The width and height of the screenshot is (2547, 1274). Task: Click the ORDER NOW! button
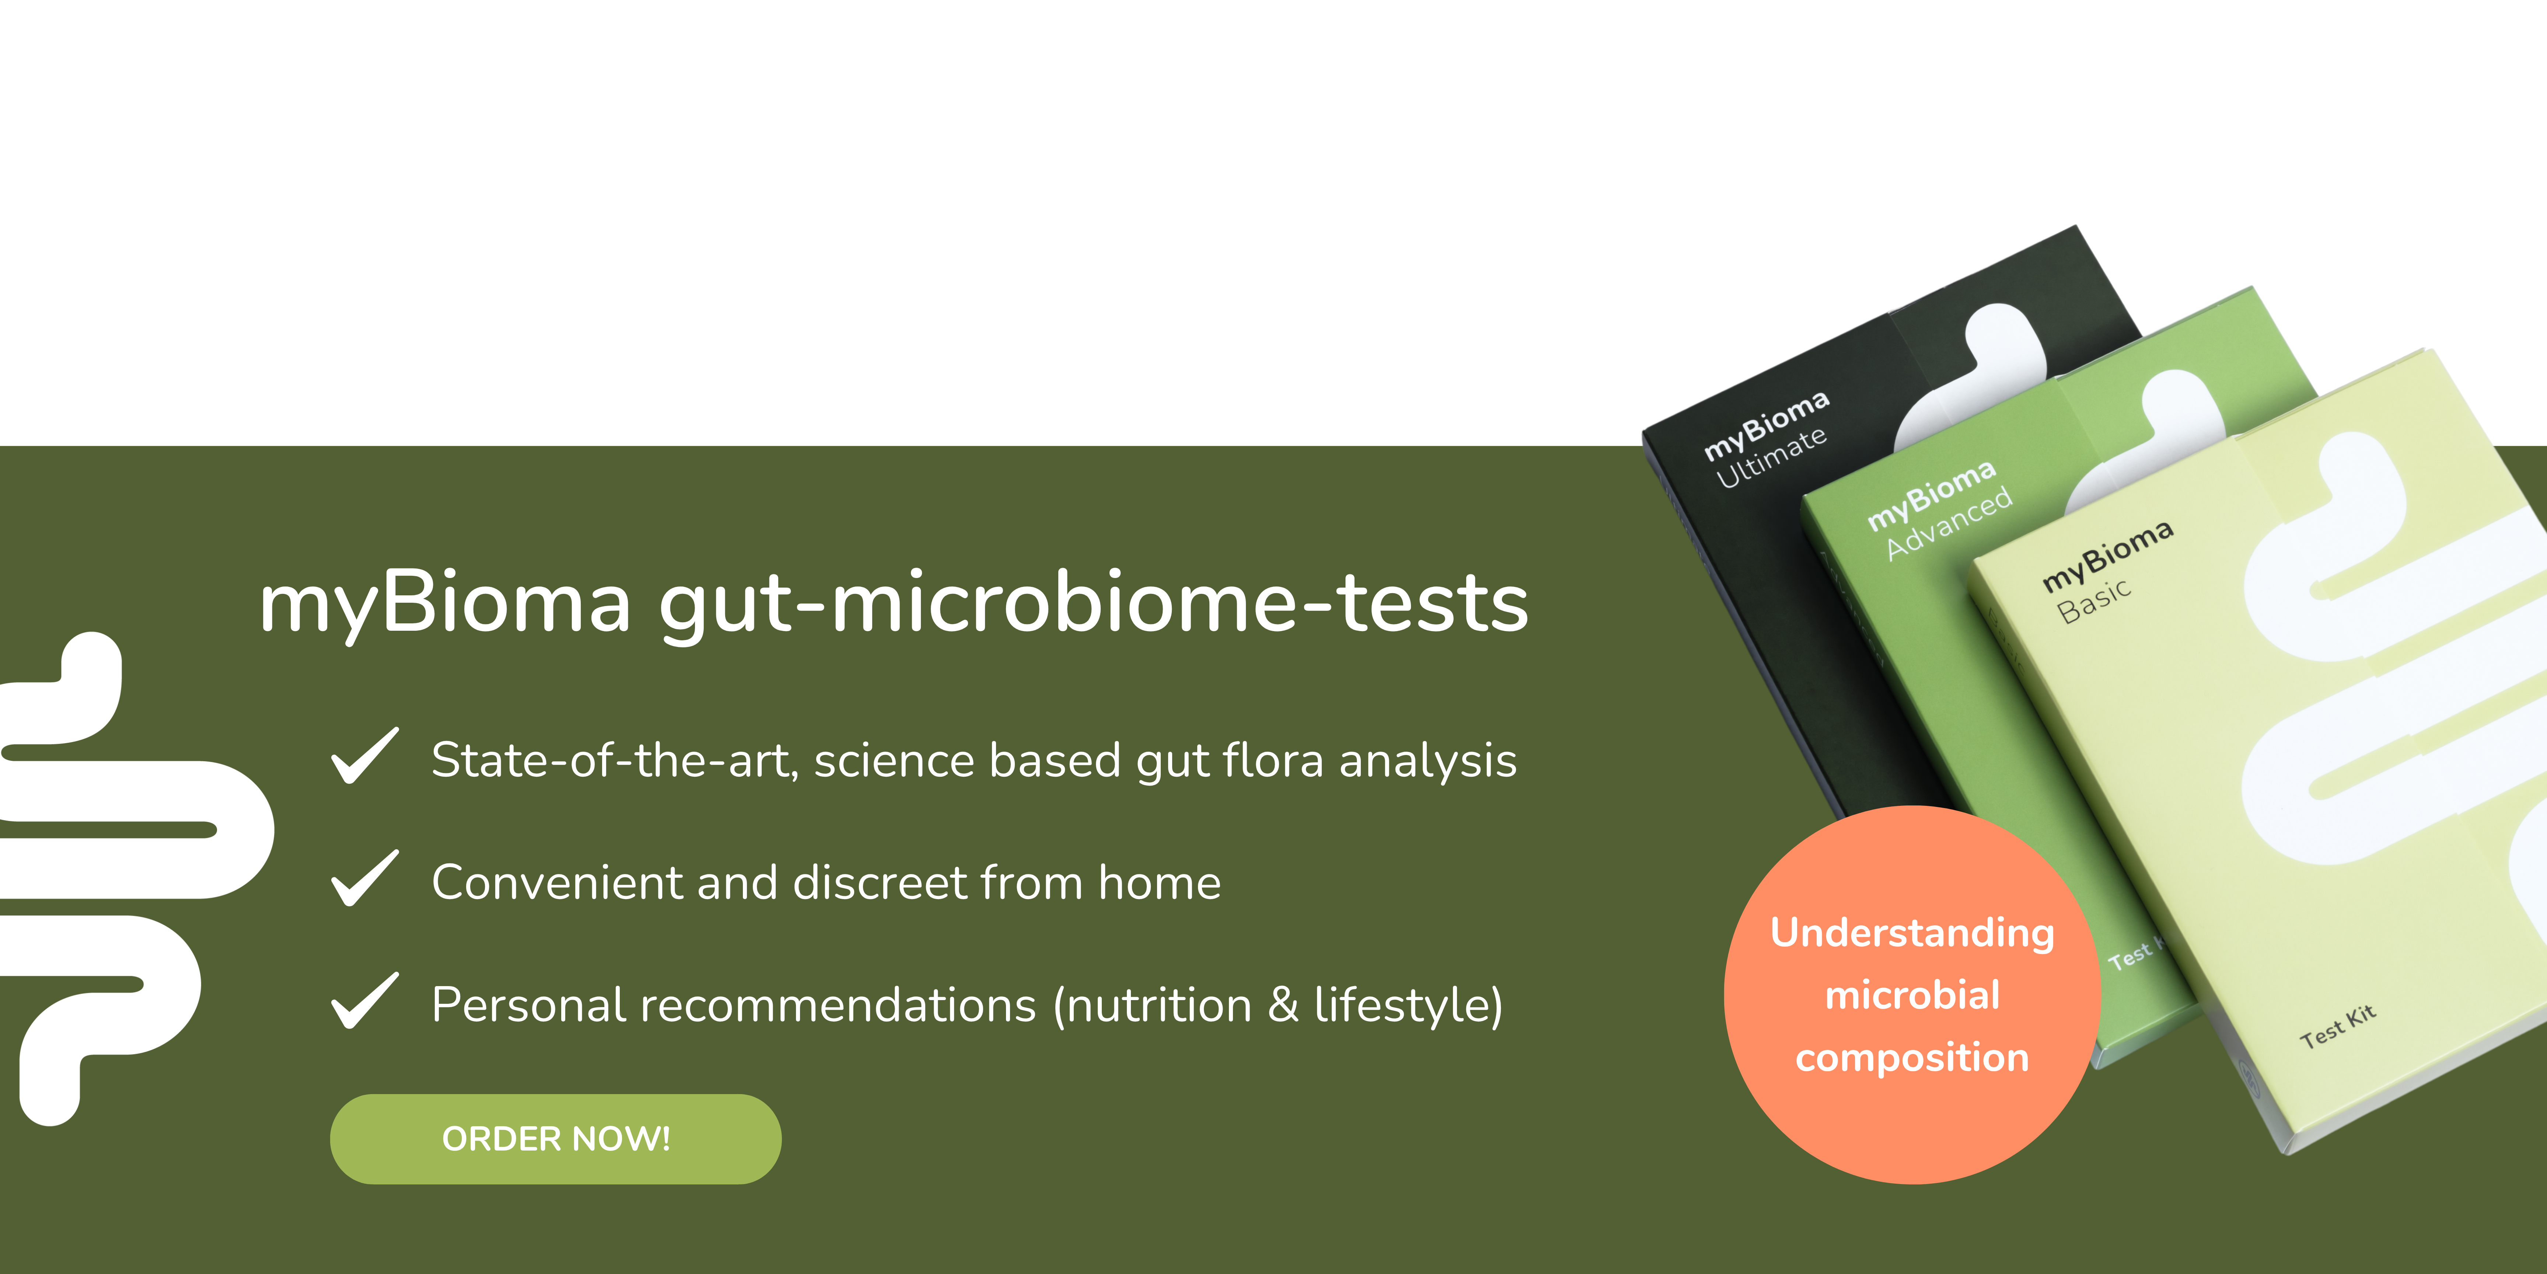(x=556, y=1138)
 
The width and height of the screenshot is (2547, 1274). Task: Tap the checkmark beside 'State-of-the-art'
(x=365, y=757)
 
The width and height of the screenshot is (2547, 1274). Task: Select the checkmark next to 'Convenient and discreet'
(x=365, y=879)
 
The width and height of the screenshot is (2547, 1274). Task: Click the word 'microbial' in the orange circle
(x=1912, y=995)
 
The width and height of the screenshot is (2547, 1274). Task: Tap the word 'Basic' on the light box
(x=2094, y=601)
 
